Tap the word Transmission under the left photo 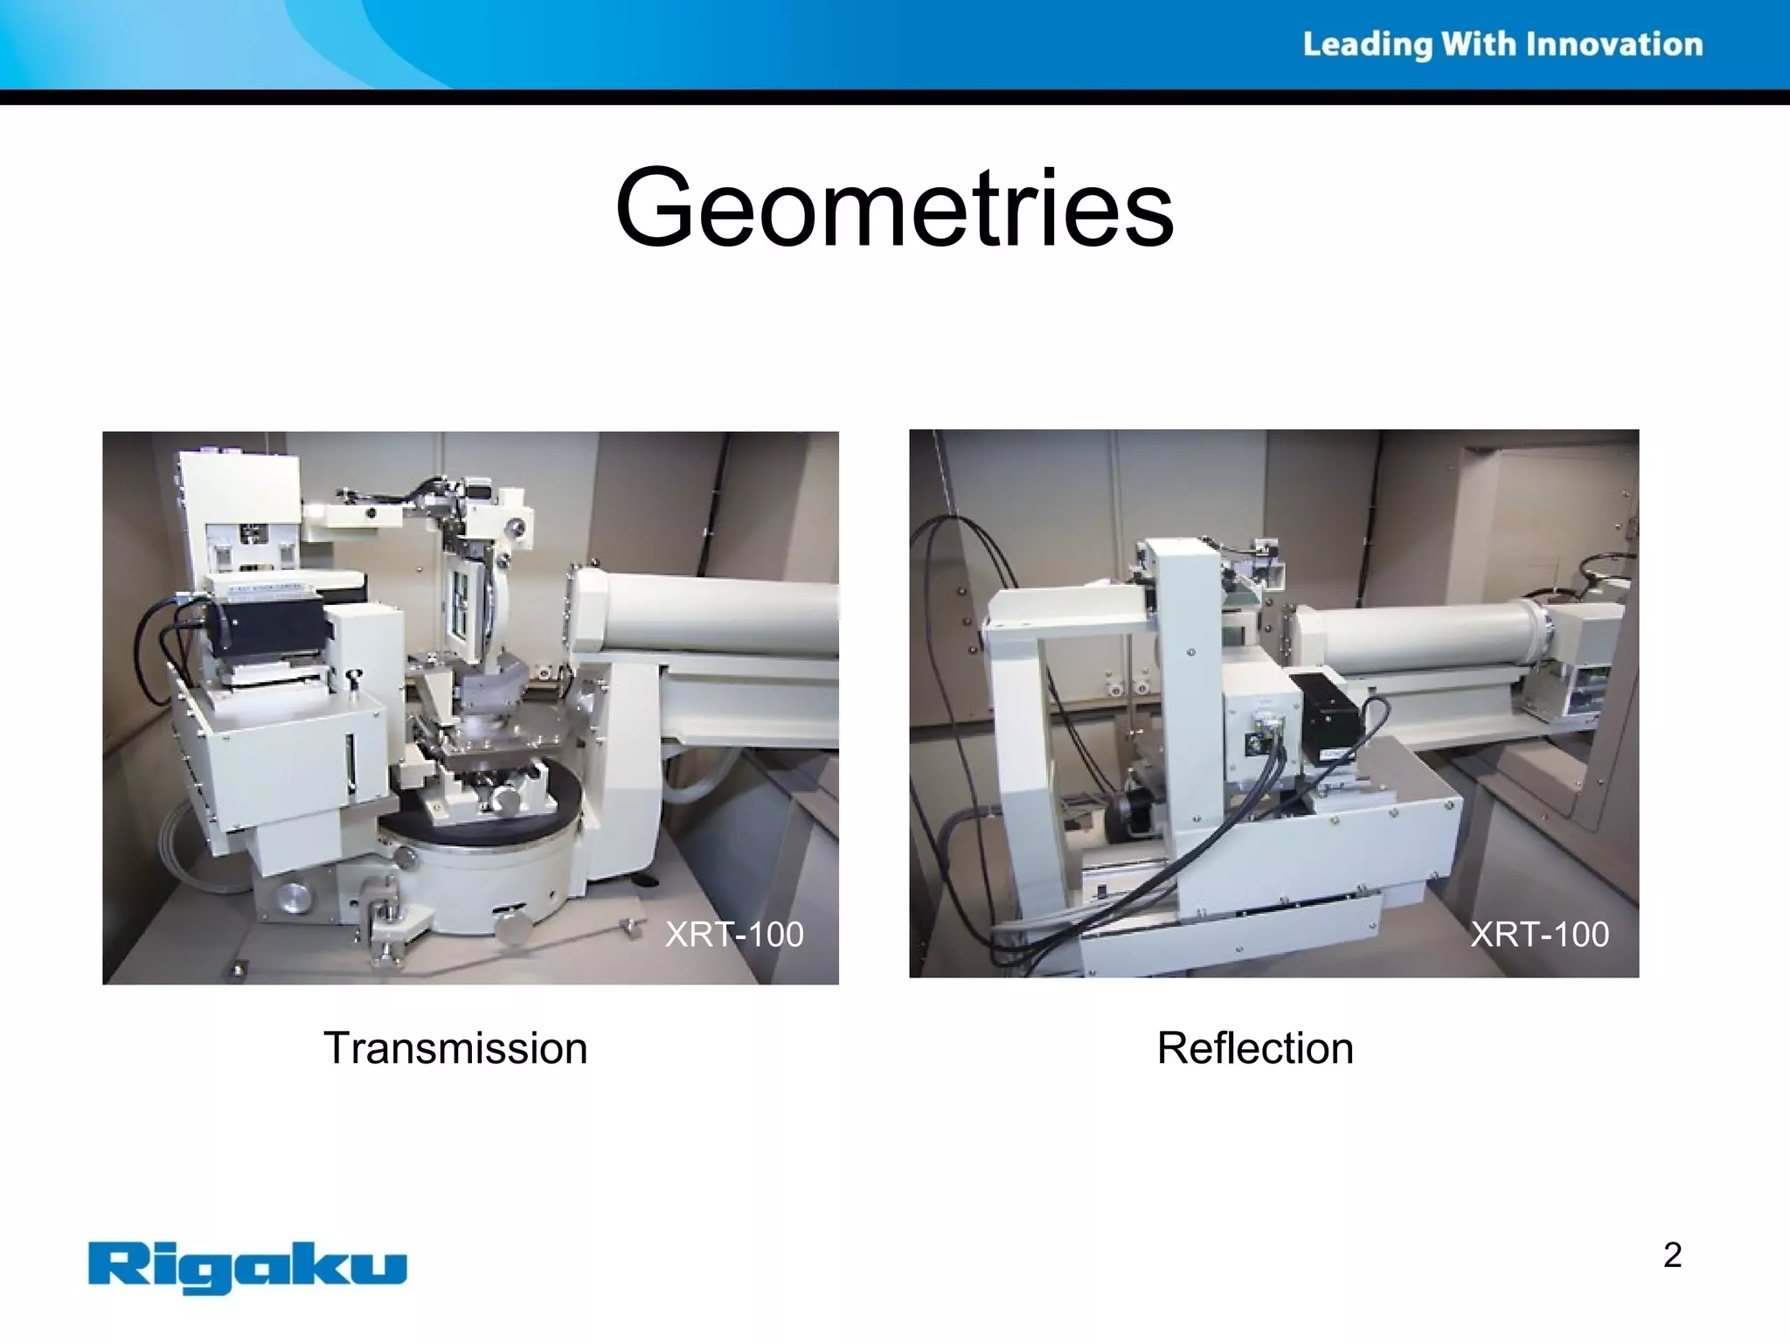tap(455, 1047)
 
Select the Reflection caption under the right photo tap(1255, 1047)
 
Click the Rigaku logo tap(247, 1265)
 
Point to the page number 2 tap(1672, 1255)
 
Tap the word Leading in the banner tap(1367, 45)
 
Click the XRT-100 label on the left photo tap(734, 934)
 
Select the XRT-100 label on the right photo tap(1539, 934)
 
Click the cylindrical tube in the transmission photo tap(717, 616)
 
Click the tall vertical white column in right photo tap(1187, 699)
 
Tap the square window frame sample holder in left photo tap(462, 603)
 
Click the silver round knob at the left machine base tap(293, 898)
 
